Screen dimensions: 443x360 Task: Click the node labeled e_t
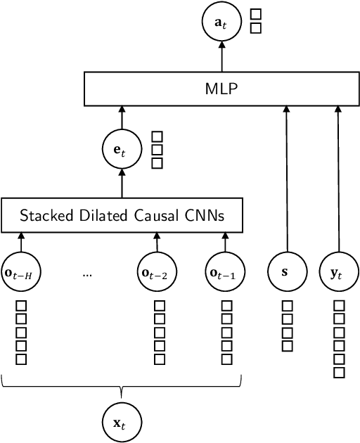(122, 148)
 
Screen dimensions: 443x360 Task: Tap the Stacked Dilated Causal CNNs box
(122, 215)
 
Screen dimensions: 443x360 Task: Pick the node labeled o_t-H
(21, 272)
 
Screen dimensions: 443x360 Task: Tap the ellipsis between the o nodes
(87, 274)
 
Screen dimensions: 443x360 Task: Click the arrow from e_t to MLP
(122, 117)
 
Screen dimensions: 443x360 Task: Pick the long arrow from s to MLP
(287, 183)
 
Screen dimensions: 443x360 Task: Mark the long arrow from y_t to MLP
(338, 183)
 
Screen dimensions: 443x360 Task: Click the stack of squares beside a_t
(256, 23)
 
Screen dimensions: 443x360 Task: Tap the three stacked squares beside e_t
(157, 150)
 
